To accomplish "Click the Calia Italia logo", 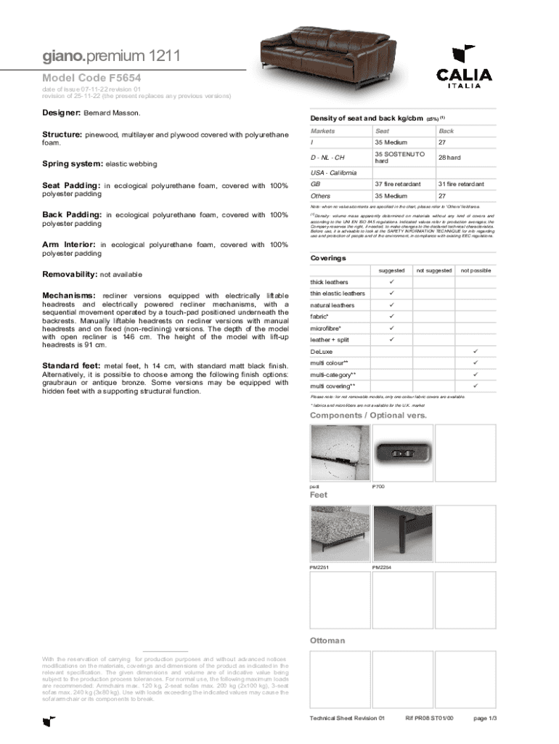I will pyautogui.click(x=464, y=66).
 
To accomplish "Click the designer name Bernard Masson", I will pyautogui.click(x=113, y=114).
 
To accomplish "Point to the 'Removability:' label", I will pyautogui.click(x=70, y=275).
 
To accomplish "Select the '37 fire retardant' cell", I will pyautogui.click(x=398, y=184).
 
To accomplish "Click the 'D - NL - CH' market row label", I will pyautogui.click(x=327, y=158).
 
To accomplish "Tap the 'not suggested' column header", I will pyautogui.click(x=434, y=270).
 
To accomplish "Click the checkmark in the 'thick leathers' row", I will pyautogui.click(x=391, y=282).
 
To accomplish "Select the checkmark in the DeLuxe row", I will pyautogui.click(x=476, y=351).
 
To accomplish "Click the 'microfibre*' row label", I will pyautogui.click(x=326, y=328).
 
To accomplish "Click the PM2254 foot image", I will pyautogui.click(x=401, y=533).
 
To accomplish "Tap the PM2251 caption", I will pyautogui.click(x=320, y=567).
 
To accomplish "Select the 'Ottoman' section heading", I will pyautogui.click(x=327, y=641).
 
